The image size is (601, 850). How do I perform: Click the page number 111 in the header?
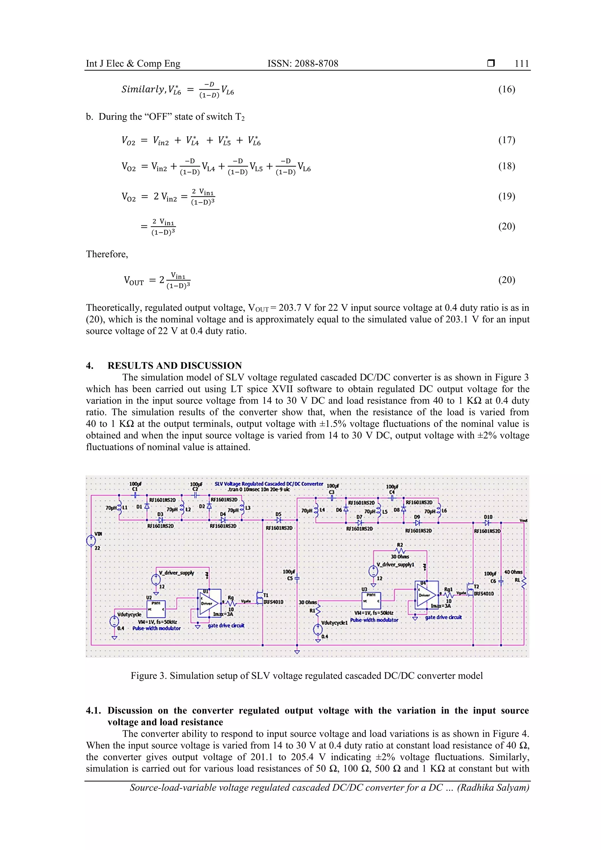(x=521, y=63)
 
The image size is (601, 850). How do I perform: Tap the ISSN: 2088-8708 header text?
(x=303, y=63)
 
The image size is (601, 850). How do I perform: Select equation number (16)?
(x=506, y=89)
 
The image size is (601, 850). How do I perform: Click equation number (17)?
(x=506, y=140)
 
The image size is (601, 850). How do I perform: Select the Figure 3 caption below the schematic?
(x=306, y=676)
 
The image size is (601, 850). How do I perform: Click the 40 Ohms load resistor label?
(x=513, y=572)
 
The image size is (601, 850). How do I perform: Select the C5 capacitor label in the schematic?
(x=290, y=578)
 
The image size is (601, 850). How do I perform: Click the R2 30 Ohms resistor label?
(x=400, y=550)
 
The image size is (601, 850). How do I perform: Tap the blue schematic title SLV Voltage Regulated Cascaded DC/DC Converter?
(x=269, y=484)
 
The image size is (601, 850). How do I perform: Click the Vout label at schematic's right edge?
(x=523, y=521)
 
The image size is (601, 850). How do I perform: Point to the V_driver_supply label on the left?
(x=176, y=573)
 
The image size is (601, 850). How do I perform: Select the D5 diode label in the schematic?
(x=278, y=514)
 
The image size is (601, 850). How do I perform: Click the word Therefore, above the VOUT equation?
(x=107, y=254)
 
